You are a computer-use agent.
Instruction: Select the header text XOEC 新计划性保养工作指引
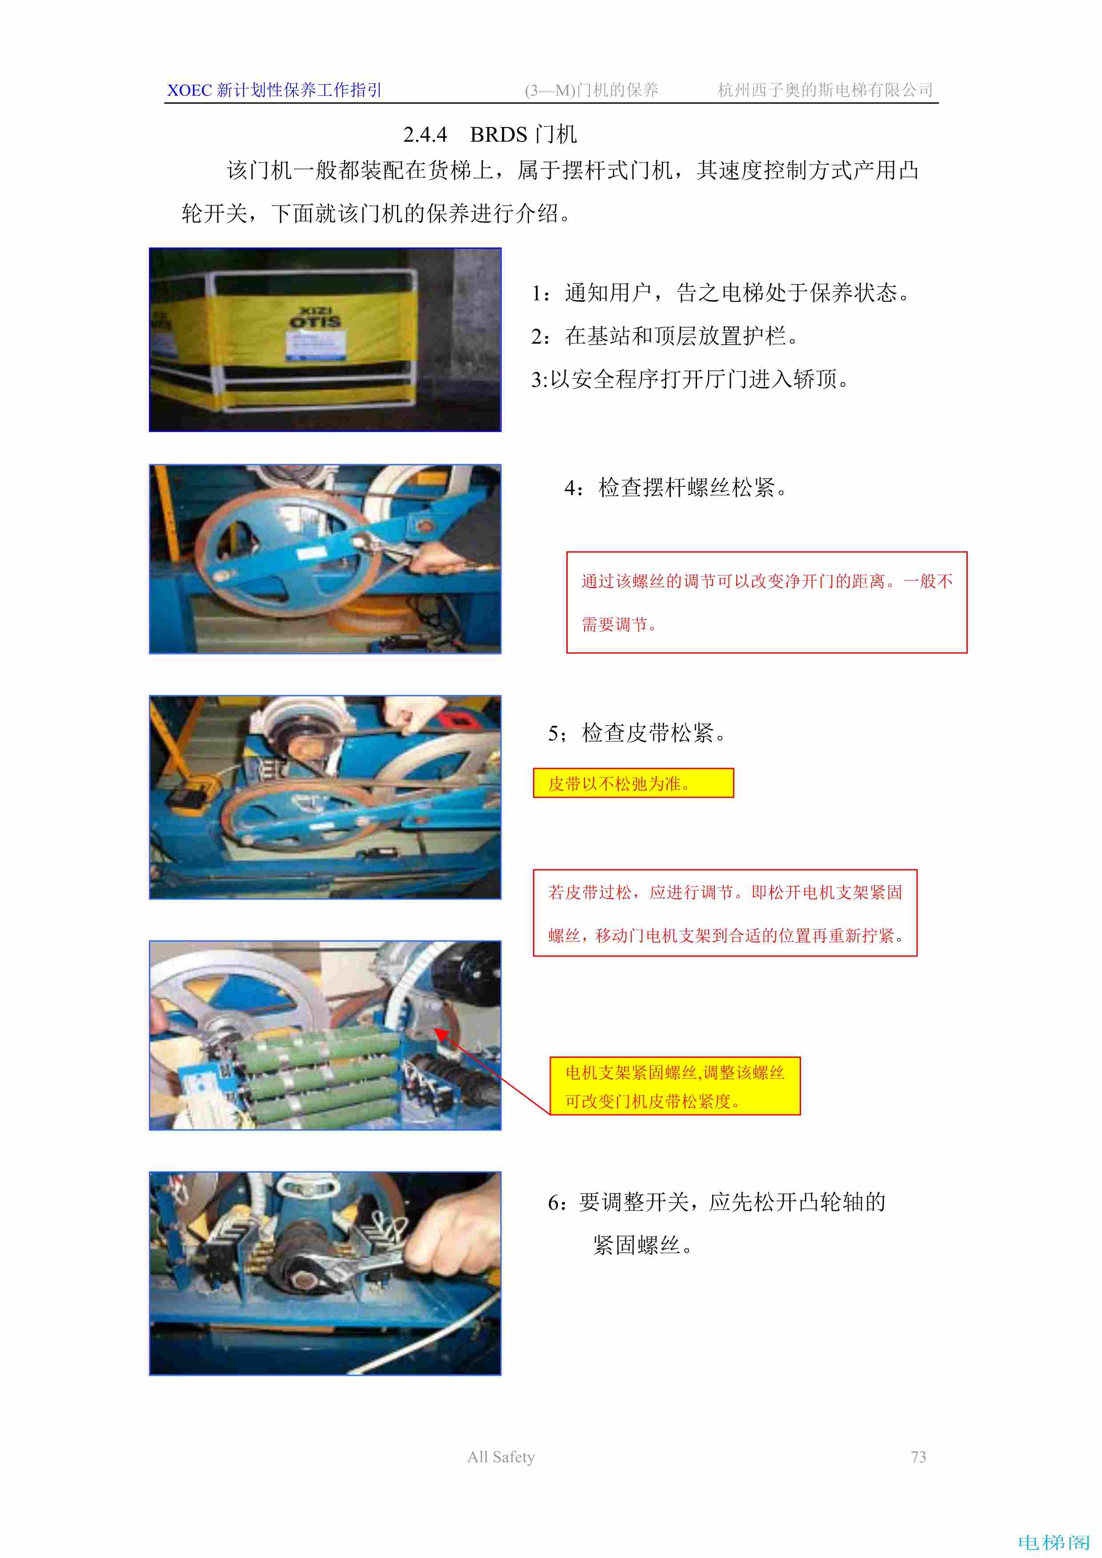coord(274,90)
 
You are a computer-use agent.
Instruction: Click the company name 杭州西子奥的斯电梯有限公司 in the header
coord(825,90)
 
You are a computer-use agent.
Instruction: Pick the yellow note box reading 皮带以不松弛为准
coord(633,783)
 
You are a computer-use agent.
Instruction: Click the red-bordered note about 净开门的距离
coord(766,603)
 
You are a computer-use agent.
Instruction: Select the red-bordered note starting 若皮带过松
coord(725,914)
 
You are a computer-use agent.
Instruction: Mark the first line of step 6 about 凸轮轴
coord(717,1202)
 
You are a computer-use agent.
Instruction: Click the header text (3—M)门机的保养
coord(591,90)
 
